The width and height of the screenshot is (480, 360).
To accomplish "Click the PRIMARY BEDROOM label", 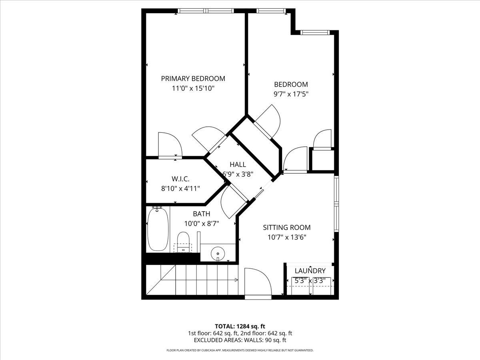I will tap(193, 78).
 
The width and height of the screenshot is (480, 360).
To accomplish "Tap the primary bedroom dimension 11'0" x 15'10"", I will tap(193, 88).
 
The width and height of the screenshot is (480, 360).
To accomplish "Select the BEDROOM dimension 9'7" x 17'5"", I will tap(291, 94).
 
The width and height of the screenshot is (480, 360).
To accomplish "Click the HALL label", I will tap(238, 164).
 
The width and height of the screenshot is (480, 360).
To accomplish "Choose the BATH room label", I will tap(201, 214).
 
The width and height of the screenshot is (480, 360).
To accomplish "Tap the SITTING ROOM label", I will tap(286, 228).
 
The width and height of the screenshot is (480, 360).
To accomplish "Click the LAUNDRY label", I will tap(310, 271).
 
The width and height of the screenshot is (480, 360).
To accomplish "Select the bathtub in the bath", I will tap(157, 229).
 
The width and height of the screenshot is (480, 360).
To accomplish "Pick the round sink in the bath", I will tap(218, 253).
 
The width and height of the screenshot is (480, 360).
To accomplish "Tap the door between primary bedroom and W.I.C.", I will tap(170, 145).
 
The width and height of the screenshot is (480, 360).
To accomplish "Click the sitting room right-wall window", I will tap(336, 204).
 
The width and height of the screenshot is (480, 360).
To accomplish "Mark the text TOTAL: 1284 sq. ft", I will tap(240, 326).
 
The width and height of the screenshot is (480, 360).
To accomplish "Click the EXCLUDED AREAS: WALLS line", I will tap(240, 340).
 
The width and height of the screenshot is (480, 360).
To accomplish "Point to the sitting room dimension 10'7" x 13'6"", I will tap(286, 237).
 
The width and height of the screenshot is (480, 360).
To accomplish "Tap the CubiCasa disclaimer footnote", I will tap(240, 350).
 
